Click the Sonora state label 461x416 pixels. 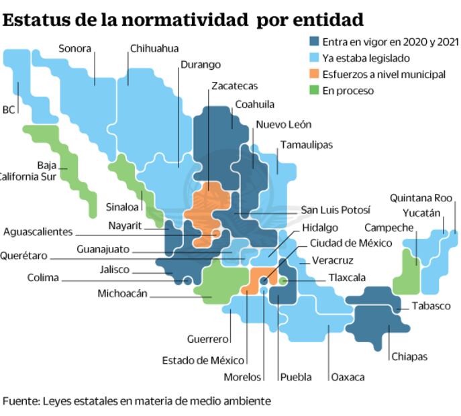point(74,48)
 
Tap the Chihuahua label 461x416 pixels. point(154,48)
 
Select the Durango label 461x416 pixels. point(200,65)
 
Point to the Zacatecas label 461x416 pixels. point(234,86)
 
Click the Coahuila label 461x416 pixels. point(254,105)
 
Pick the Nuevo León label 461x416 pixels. point(283,125)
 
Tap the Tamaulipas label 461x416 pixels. point(306,145)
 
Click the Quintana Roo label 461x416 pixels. point(421,198)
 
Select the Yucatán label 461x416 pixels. point(421,213)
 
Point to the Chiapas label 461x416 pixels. point(409,356)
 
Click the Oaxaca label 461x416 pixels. point(348,377)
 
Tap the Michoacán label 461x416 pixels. point(122,293)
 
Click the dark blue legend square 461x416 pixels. point(313,42)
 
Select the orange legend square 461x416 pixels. point(313,74)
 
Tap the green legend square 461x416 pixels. point(313,90)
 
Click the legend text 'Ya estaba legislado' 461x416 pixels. point(366,58)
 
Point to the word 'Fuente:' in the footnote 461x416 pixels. point(20,401)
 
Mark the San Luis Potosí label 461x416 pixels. point(336,210)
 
